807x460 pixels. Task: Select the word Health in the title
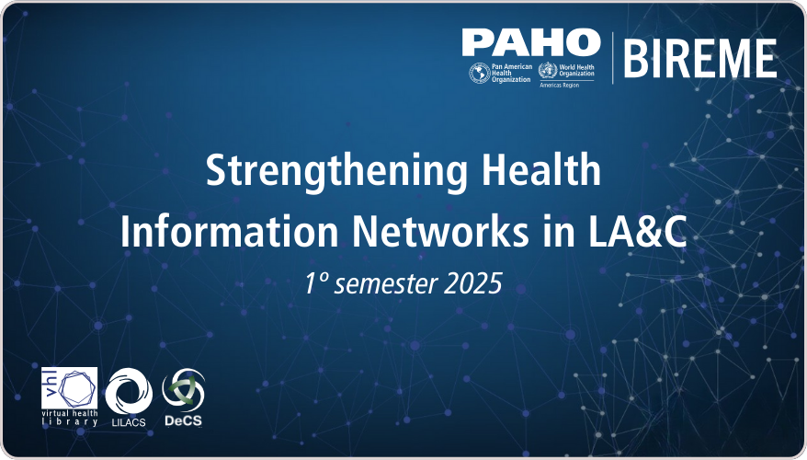[541, 169]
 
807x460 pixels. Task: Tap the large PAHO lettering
[531, 42]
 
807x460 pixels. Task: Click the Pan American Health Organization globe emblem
[479, 74]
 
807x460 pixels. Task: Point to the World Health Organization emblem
[548, 70]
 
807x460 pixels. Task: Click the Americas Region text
[559, 85]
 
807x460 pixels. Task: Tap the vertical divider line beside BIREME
[612, 58]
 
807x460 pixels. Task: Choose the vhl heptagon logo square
[70, 388]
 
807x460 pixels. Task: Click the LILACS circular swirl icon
[129, 391]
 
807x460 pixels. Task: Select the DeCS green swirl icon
[184, 390]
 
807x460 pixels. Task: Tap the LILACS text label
[129, 422]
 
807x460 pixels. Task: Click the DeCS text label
[183, 420]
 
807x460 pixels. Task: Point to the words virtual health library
[70, 418]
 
